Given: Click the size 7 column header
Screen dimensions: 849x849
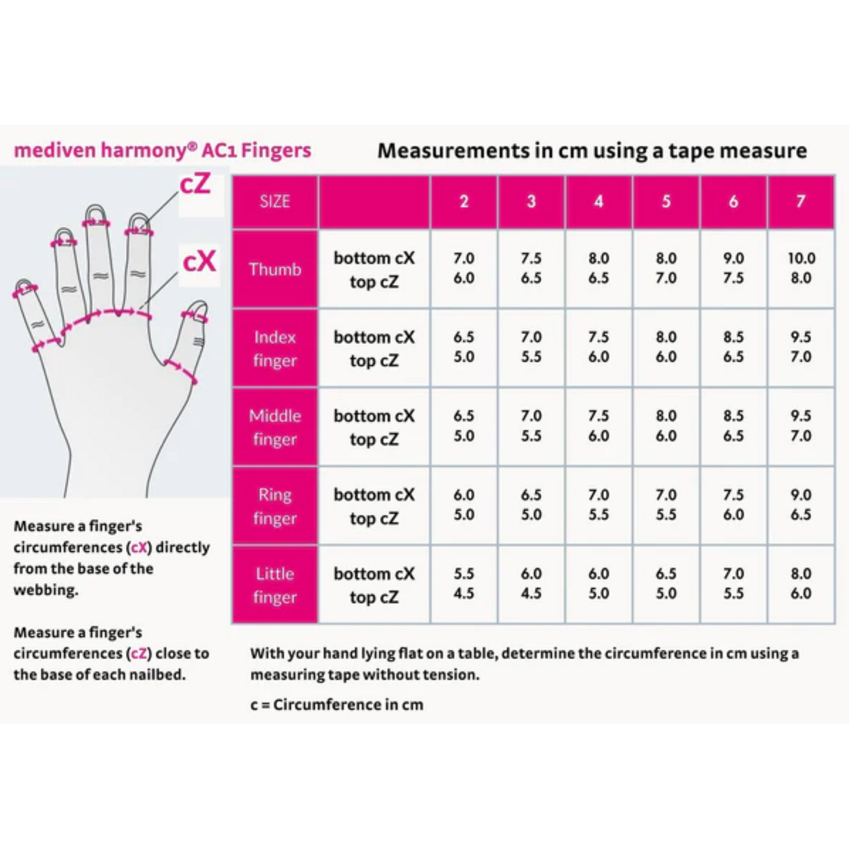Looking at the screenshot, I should pyautogui.click(x=801, y=202).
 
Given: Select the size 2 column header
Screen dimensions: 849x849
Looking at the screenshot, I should pyautogui.click(x=464, y=202).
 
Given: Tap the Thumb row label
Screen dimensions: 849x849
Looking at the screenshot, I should pyautogui.click(x=274, y=269).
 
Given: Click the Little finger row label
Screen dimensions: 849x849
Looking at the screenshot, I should pyautogui.click(x=274, y=585).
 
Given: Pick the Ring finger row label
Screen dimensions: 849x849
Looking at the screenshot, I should pyautogui.click(x=274, y=506).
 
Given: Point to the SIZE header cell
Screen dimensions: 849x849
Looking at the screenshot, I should pyautogui.click(x=274, y=202).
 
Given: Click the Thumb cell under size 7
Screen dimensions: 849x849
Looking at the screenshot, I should pyautogui.click(x=801, y=268).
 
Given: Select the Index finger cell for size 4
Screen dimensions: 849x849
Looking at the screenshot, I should pyautogui.click(x=598, y=347).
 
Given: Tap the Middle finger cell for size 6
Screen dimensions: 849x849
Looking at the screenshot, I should pyautogui.click(x=733, y=426).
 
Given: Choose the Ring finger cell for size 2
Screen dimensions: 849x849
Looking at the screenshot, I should pyautogui.click(x=464, y=505).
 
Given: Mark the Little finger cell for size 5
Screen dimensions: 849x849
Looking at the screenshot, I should pyautogui.click(x=666, y=583).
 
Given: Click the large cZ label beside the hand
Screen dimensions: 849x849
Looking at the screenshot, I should pyautogui.click(x=194, y=184).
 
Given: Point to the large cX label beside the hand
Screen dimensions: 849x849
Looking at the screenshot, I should pyautogui.click(x=199, y=262).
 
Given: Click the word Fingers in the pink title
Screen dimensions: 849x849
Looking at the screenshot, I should pyautogui.click(x=276, y=150).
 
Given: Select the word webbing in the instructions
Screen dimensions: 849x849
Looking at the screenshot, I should pyautogui.click(x=46, y=590).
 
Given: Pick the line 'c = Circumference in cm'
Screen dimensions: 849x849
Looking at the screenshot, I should pyautogui.click(x=337, y=704).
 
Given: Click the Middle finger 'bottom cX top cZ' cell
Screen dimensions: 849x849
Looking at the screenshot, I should pyautogui.click(x=374, y=427).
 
